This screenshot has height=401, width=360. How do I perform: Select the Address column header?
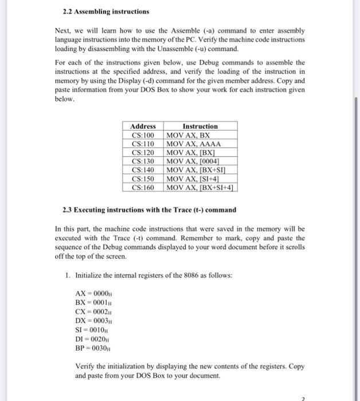[143, 126]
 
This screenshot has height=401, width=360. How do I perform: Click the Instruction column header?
[199, 126]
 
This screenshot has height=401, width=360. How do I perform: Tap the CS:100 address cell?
[143, 135]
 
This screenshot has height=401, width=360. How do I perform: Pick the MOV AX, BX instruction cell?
[187, 135]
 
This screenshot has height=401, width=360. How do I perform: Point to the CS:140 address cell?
[143, 170]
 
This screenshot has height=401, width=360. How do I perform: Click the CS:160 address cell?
[143, 187]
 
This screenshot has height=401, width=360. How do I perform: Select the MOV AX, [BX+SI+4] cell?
[201, 187]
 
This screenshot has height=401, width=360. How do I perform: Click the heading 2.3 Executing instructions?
[149, 210]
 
